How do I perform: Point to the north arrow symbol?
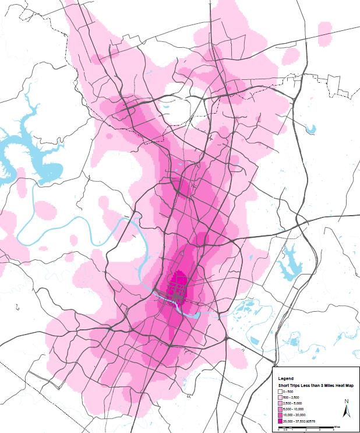pos(345,411)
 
